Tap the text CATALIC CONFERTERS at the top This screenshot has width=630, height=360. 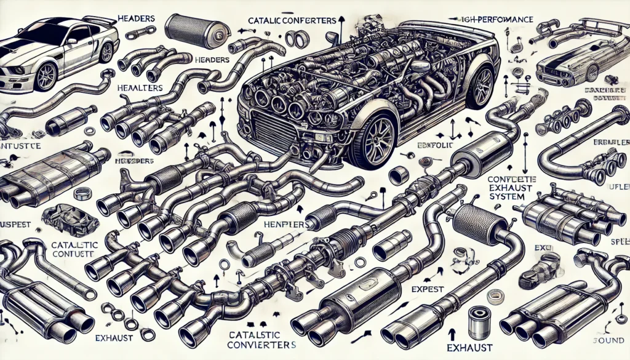tap(292, 20)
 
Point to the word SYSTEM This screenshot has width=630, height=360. tap(504, 196)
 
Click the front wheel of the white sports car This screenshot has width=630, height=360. tap(46, 76)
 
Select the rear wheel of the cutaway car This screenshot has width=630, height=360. tap(480, 85)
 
